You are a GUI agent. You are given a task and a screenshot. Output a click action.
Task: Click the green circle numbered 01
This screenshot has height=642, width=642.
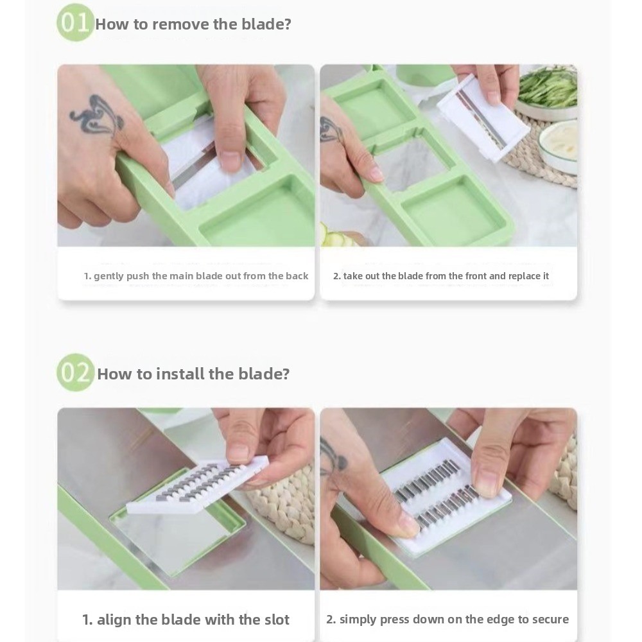click(x=75, y=23)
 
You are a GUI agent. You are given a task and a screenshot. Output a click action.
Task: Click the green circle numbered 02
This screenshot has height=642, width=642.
click(x=75, y=372)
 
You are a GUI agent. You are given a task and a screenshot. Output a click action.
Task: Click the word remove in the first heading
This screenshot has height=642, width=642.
click(x=180, y=24)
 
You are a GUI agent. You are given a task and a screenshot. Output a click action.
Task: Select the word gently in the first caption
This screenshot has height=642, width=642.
click(x=108, y=276)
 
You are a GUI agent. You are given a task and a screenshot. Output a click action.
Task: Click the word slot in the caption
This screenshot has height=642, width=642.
click(x=276, y=620)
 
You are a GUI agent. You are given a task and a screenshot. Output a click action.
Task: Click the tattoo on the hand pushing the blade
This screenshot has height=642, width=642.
click(x=97, y=116)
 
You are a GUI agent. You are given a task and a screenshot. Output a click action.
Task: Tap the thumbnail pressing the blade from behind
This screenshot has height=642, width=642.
click(x=230, y=161)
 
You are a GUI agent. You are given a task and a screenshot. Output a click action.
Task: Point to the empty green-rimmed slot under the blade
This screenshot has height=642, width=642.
click(x=178, y=540)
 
